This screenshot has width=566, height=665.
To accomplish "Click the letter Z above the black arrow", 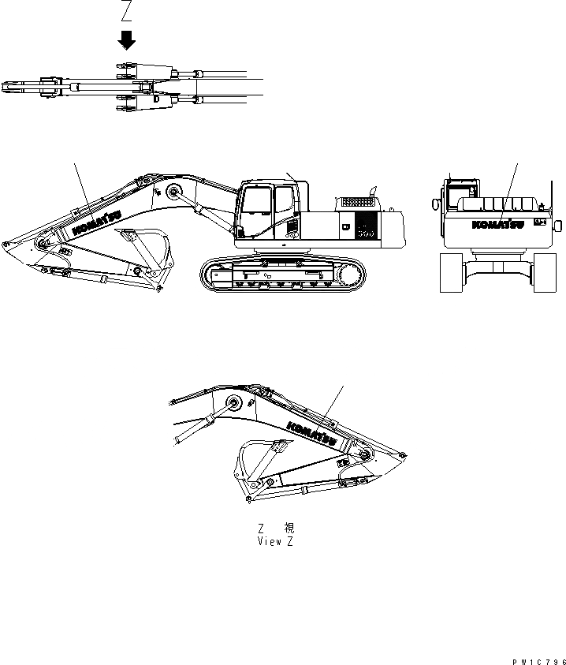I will (x=126, y=10).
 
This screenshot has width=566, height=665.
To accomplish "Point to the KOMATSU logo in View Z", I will (x=312, y=434).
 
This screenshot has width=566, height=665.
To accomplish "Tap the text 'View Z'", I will (x=277, y=542).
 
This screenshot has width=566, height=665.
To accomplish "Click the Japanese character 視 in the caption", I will (x=289, y=528).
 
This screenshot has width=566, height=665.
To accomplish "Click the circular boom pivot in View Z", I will (x=233, y=404).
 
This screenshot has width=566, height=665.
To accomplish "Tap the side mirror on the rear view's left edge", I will (x=434, y=203).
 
